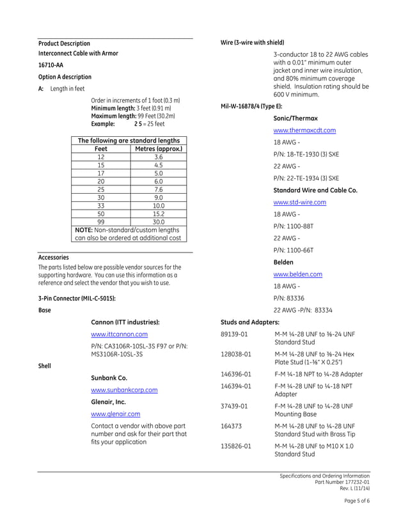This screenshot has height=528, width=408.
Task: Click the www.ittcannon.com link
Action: point(119,334)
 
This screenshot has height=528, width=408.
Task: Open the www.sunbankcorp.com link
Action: point(124,390)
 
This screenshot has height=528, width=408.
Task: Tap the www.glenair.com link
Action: point(116,414)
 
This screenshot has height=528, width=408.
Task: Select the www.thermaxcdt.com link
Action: point(304,130)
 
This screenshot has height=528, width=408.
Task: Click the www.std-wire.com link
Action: point(299,202)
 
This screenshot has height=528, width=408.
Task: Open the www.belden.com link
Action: point(297,274)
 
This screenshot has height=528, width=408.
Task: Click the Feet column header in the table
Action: point(101,149)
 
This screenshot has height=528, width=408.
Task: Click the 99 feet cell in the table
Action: point(101,222)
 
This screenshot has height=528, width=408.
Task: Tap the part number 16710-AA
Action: point(51,65)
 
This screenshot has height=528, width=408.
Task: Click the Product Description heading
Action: point(64,43)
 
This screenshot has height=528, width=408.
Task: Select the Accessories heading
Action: point(54,258)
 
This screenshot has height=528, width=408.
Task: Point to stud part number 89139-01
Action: point(236,334)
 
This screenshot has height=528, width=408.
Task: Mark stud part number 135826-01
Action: point(236,446)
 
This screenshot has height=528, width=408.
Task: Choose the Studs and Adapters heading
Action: point(250,322)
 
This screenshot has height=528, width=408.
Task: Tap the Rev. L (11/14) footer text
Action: point(353,489)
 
